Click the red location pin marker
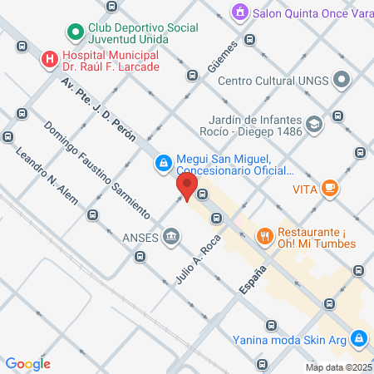pyautogui.click(x=187, y=186)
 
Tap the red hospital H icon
pyautogui.click(x=50, y=59)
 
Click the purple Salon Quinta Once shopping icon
pyautogui.click(x=239, y=12)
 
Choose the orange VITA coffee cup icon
pyautogui.click(x=330, y=189)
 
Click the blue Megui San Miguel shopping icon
pyautogui.click(x=164, y=161)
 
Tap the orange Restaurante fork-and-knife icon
pyautogui.click(x=265, y=236)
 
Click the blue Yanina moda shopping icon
pyautogui.click(x=358, y=338)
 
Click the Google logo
pyautogui.click(x=28, y=363)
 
